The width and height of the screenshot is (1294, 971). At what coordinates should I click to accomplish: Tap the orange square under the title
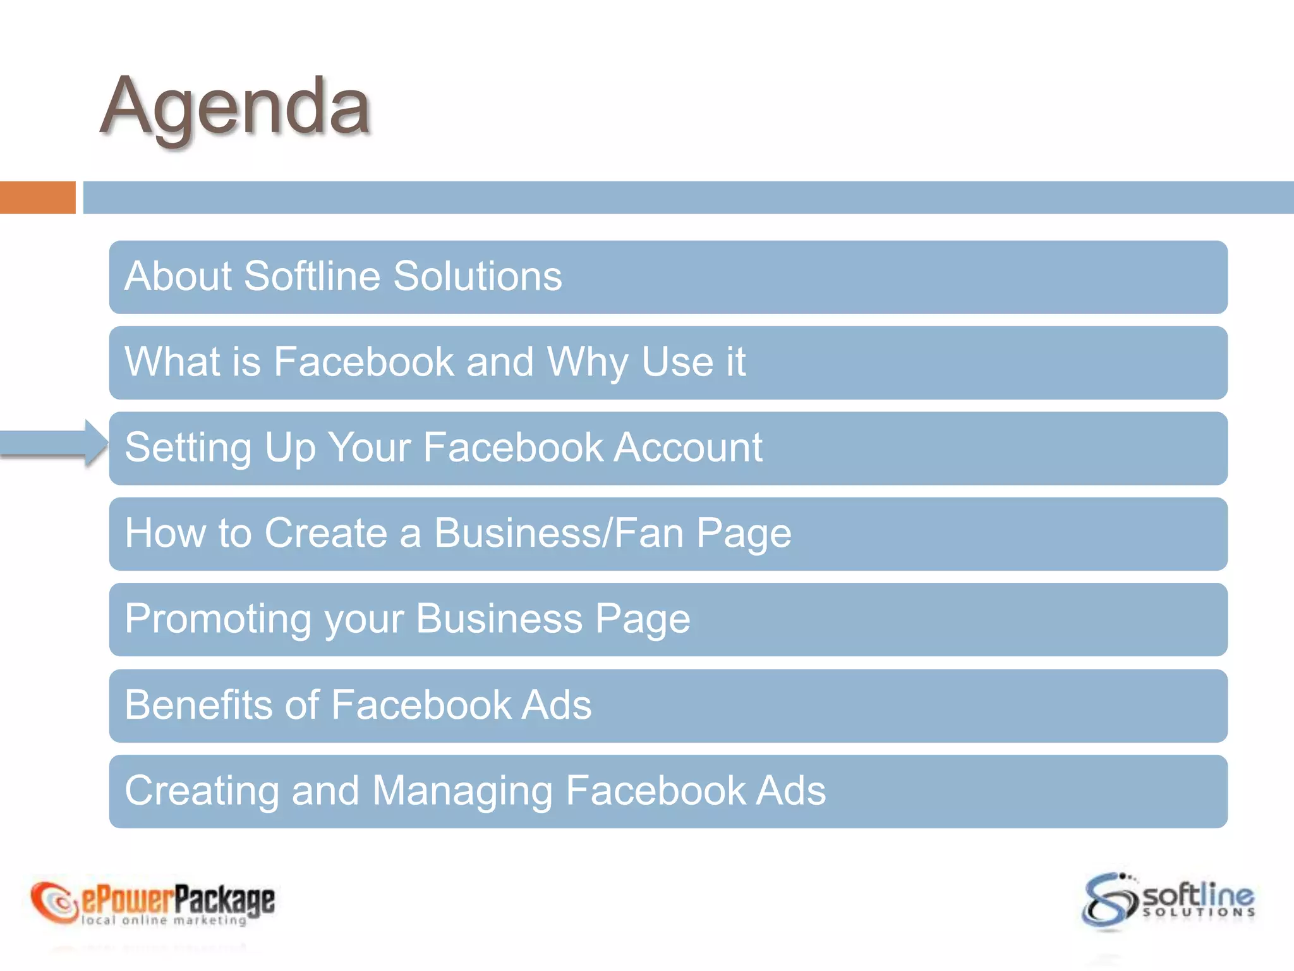click(37, 197)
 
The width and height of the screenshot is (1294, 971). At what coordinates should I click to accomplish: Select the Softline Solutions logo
click(1168, 901)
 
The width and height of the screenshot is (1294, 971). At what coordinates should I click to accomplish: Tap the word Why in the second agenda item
click(587, 362)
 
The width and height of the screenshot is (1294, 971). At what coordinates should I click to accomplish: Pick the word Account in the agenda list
click(688, 448)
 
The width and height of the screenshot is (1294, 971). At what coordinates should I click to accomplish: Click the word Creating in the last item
click(202, 790)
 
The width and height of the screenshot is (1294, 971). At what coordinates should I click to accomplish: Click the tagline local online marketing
click(164, 920)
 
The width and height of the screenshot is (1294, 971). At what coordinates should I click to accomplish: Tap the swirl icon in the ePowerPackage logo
click(54, 901)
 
